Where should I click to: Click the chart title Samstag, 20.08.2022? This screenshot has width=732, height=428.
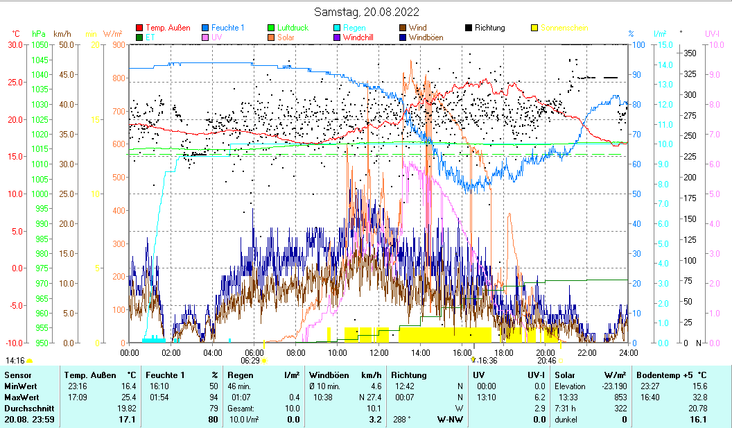click(366, 12)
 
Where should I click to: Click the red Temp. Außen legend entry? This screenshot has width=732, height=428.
click(168, 28)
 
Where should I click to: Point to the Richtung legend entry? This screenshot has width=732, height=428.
click(489, 28)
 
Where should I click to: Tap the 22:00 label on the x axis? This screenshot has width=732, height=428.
click(587, 352)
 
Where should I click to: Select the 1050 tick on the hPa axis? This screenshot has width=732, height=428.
click(40, 44)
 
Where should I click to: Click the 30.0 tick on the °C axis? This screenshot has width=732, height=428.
click(15, 44)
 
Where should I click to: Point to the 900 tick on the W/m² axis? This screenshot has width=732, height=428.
click(118, 44)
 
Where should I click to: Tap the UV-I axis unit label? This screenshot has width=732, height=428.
click(713, 33)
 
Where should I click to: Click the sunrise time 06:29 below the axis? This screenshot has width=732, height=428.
click(250, 361)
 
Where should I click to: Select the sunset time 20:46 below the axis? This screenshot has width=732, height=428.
click(546, 361)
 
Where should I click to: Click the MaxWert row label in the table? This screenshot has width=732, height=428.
click(21, 397)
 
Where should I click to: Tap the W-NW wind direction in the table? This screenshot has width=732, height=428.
click(446, 420)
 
